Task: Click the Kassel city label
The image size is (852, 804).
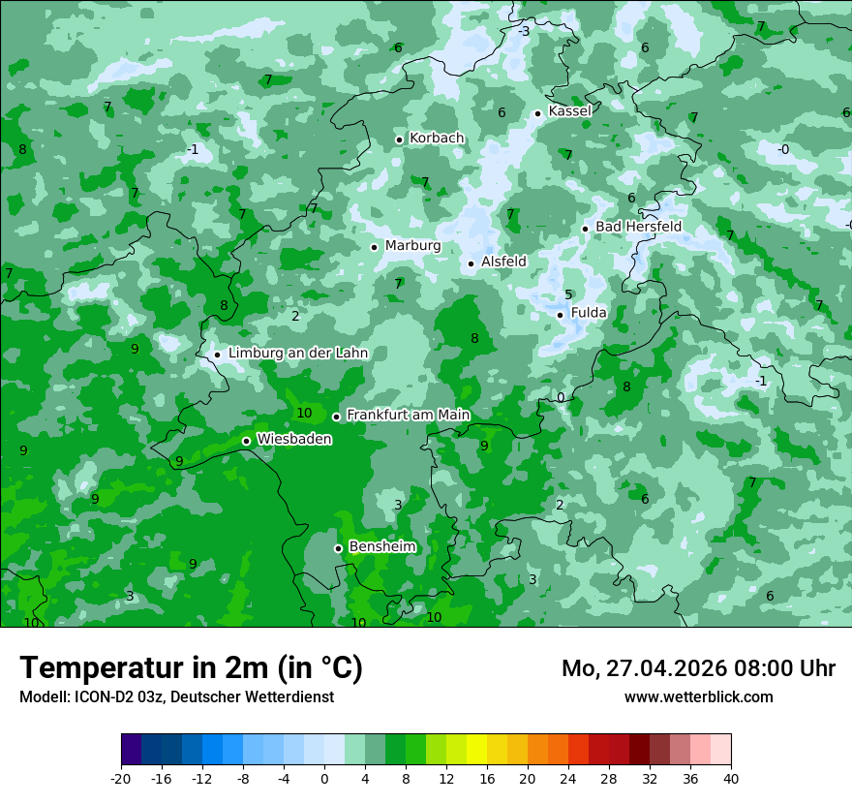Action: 569,111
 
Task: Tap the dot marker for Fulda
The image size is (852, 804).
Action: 560,314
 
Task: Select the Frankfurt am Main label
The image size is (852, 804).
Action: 408,415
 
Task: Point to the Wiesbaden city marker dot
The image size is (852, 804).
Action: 246,441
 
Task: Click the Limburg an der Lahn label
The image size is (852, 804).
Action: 297,354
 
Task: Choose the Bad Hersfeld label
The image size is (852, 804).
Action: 638,227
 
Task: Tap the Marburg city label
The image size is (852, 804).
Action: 412,246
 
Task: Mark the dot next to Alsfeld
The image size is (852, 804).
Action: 471,263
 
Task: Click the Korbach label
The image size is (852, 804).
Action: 437,139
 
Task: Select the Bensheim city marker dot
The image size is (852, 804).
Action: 338,548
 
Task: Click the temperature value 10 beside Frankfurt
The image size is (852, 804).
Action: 304,413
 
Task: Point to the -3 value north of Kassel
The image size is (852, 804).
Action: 524,32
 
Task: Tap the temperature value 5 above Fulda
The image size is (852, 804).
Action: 568,295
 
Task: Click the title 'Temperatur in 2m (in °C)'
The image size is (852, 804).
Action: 191,668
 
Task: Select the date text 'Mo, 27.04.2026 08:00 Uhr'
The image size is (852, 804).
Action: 698,668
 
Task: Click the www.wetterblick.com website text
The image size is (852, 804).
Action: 698,696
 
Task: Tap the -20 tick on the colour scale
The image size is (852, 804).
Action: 121,778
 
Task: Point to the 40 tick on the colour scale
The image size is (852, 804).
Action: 730,778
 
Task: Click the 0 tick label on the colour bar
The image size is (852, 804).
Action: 324,778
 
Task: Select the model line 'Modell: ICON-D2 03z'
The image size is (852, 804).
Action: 176,696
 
